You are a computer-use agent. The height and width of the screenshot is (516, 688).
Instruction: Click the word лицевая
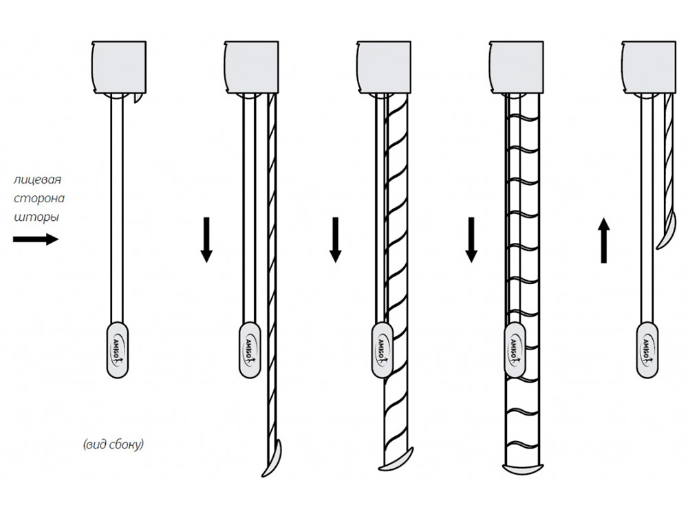37,180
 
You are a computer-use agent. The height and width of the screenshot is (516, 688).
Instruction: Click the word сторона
39,198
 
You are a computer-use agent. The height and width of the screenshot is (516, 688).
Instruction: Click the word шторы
36,217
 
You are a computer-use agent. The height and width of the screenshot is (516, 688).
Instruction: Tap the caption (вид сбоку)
114,444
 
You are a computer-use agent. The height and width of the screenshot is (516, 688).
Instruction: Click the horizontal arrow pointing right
36,239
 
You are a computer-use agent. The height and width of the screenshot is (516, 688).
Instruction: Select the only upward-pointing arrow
604,240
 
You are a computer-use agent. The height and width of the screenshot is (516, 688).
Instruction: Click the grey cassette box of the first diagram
118,67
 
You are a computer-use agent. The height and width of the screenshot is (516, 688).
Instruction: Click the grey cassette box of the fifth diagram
649,67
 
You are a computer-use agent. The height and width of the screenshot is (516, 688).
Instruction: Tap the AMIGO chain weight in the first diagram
118,350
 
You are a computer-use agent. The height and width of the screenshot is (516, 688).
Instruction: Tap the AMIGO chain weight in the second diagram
250,350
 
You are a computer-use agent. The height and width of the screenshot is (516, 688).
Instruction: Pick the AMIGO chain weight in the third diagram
382,350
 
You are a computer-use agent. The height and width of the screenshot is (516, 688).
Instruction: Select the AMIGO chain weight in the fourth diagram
515,350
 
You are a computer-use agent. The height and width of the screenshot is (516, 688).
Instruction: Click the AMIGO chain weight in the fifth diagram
647,350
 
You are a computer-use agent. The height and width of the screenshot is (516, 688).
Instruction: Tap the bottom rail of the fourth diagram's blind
523,469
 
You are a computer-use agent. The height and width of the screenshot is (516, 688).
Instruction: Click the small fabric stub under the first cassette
138,99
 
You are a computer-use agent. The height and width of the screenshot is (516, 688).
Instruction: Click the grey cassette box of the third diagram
384,67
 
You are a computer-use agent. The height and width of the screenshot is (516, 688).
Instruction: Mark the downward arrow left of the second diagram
206,240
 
